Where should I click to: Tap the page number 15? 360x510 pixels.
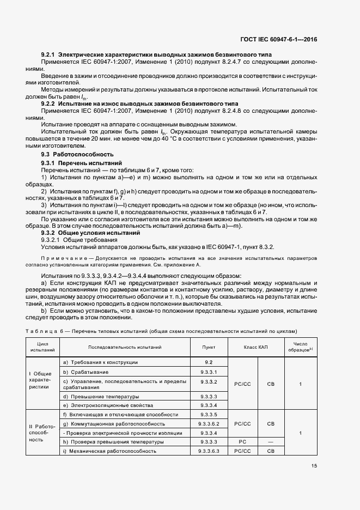[314, 465]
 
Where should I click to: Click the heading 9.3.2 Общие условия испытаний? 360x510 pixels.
[91, 232]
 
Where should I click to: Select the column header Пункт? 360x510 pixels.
[209, 347]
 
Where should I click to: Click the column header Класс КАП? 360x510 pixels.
[256, 347]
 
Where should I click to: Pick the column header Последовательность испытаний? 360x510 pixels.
[125, 347]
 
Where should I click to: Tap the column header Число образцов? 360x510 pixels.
[301, 347]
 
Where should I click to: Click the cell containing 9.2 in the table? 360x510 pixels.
[209, 362]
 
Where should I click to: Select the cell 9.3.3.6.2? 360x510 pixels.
[209, 423]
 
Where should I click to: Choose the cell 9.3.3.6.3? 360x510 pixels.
[209, 451]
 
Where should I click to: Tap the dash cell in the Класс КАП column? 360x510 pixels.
[271, 442]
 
